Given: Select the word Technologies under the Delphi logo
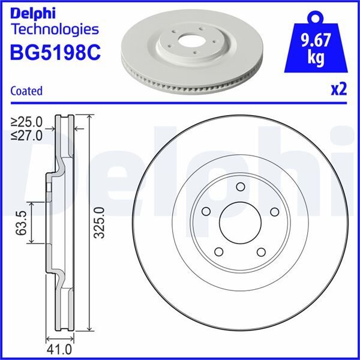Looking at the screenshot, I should tap(55, 29).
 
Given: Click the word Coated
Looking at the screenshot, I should tap(26, 91).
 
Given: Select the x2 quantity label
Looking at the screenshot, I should tap(339, 89).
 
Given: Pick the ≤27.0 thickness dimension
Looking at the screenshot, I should tap(26, 136).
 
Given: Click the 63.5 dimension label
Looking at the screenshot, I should tap(23, 223).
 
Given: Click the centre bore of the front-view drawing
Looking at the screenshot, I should tap(238, 223).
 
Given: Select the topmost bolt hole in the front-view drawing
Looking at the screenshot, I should tap(239, 186).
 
